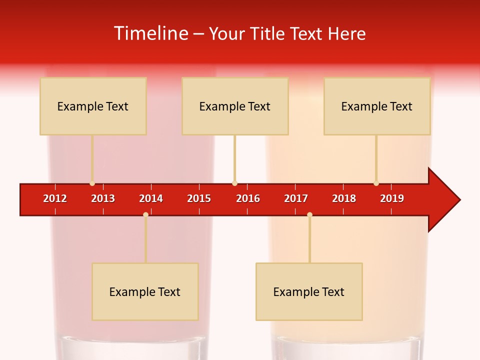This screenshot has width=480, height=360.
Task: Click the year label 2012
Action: click(x=55, y=198)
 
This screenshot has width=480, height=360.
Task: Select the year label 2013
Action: click(x=103, y=198)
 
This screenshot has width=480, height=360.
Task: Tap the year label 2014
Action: click(x=151, y=198)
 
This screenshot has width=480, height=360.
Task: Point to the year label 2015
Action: click(x=199, y=198)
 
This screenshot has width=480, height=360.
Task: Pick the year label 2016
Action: click(x=248, y=198)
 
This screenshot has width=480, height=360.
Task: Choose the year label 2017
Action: click(x=296, y=198)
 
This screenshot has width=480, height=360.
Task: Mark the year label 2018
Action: click(x=344, y=198)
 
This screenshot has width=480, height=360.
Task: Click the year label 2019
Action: click(x=392, y=198)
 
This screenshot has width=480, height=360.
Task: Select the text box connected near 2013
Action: click(x=93, y=106)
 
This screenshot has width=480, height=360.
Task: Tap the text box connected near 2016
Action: click(x=235, y=106)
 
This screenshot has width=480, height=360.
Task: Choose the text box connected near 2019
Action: click(x=377, y=106)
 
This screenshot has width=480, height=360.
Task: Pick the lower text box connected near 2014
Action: click(x=145, y=291)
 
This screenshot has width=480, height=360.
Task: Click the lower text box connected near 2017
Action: click(x=309, y=291)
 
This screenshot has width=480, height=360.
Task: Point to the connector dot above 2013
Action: click(x=92, y=183)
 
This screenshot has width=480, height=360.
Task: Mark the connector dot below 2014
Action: click(x=145, y=215)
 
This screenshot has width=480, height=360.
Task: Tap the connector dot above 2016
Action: click(x=234, y=183)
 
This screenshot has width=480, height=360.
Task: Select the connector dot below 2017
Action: click(x=309, y=215)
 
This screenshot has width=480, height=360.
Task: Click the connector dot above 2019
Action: click(x=376, y=183)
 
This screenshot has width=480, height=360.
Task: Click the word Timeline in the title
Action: click(x=150, y=33)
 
